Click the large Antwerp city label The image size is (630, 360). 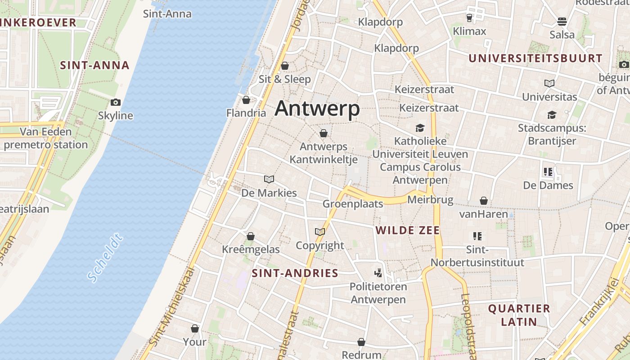pyautogui.click(x=317, y=109)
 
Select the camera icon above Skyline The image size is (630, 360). pyautogui.click(x=116, y=102)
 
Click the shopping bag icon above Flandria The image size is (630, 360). pyautogui.click(x=246, y=99)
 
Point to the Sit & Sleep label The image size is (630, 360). pyautogui.click(x=284, y=79)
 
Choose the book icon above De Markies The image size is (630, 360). pyautogui.click(x=269, y=180)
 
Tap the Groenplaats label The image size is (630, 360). pyautogui.click(x=353, y=204)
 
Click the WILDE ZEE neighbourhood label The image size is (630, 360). pyautogui.click(x=408, y=230)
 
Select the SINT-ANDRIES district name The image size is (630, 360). pyautogui.click(x=295, y=273)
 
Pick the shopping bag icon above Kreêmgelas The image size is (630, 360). pyautogui.click(x=251, y=236)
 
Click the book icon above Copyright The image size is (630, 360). pyautogui.click(x=320, y=232)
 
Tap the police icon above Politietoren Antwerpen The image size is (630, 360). pyautogui.click(x=378, y=273)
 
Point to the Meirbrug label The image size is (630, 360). pyautogui.click(x=430, y=199)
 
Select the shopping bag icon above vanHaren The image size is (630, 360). pyautogui.click(x=484, y=201)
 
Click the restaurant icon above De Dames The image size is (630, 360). pyautogui.click(x=548, y=171)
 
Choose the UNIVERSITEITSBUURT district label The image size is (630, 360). pyautogui.click(x=535, y=58)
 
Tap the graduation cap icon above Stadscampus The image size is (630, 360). pyautogui.click(x=552, y=115)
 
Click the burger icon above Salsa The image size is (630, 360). pyautogui.click(x=562, y=21)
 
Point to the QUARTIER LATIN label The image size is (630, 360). pyautogui.click(x=519, y=315)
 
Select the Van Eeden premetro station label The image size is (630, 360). pyautogui.click(x=45, y=138)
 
